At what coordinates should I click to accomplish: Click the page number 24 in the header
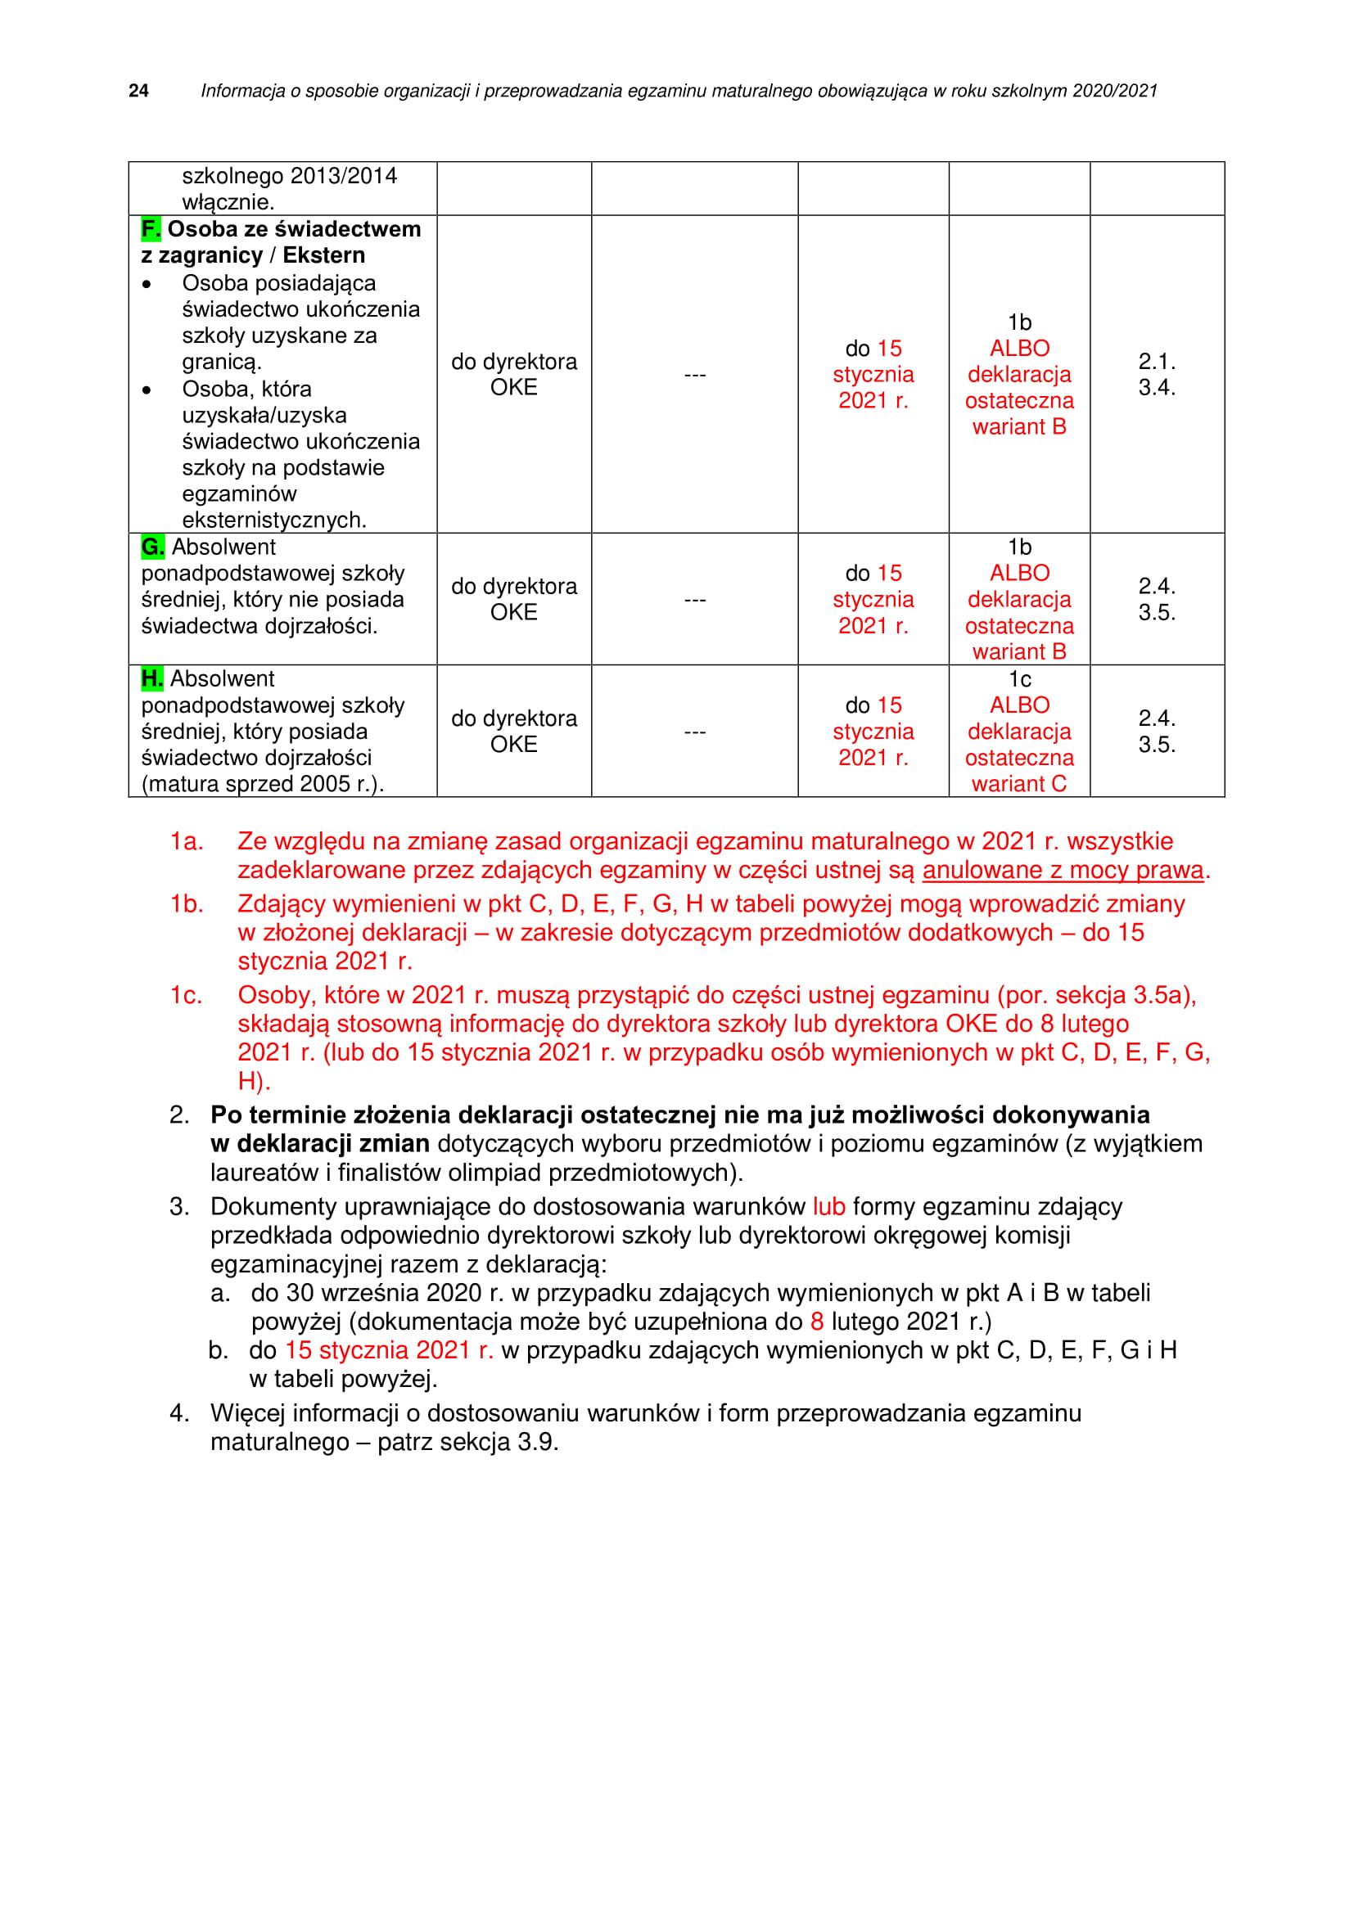(138, 91)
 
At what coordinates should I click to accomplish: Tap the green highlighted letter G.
(152, 547)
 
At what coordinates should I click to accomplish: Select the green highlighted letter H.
(151, 678)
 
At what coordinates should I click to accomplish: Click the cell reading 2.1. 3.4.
(1157, 374)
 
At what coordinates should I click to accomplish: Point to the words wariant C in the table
(1019, 784)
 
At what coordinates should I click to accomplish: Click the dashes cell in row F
(694, 374)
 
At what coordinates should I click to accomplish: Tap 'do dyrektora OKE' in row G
(513, 599)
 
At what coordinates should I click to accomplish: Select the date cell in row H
(873, 731)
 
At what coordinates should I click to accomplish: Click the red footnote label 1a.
(186, 841)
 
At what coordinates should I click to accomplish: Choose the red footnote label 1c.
(186, 994)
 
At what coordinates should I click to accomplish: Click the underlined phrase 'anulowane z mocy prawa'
(1063, 871)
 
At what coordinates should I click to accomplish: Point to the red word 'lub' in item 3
(828, 1206)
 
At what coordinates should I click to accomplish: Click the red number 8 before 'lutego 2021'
(817, 1322)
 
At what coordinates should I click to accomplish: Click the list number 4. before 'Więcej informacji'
(179, 1413)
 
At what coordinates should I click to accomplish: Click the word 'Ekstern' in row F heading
(323, 255)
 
